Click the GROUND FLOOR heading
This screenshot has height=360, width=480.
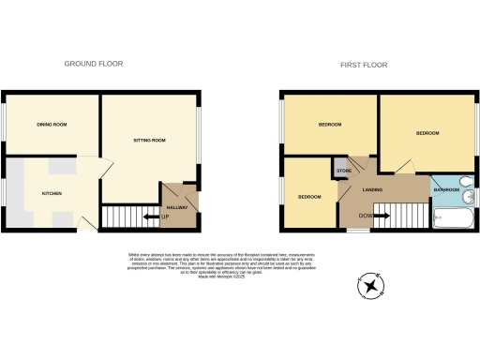[x=93, y=64]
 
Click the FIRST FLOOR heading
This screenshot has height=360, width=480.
[x=365, y=65]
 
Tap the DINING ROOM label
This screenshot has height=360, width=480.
[x=52, y=124]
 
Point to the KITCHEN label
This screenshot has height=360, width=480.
[x=52, y=193]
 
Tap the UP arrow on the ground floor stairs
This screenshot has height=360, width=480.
[x=156, y=218]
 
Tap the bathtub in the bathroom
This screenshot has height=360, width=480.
[x=453, y=221]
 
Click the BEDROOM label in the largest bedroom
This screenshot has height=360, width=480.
[x=427, y=133]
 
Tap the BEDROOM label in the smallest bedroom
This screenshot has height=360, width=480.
[x=309, y=197]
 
